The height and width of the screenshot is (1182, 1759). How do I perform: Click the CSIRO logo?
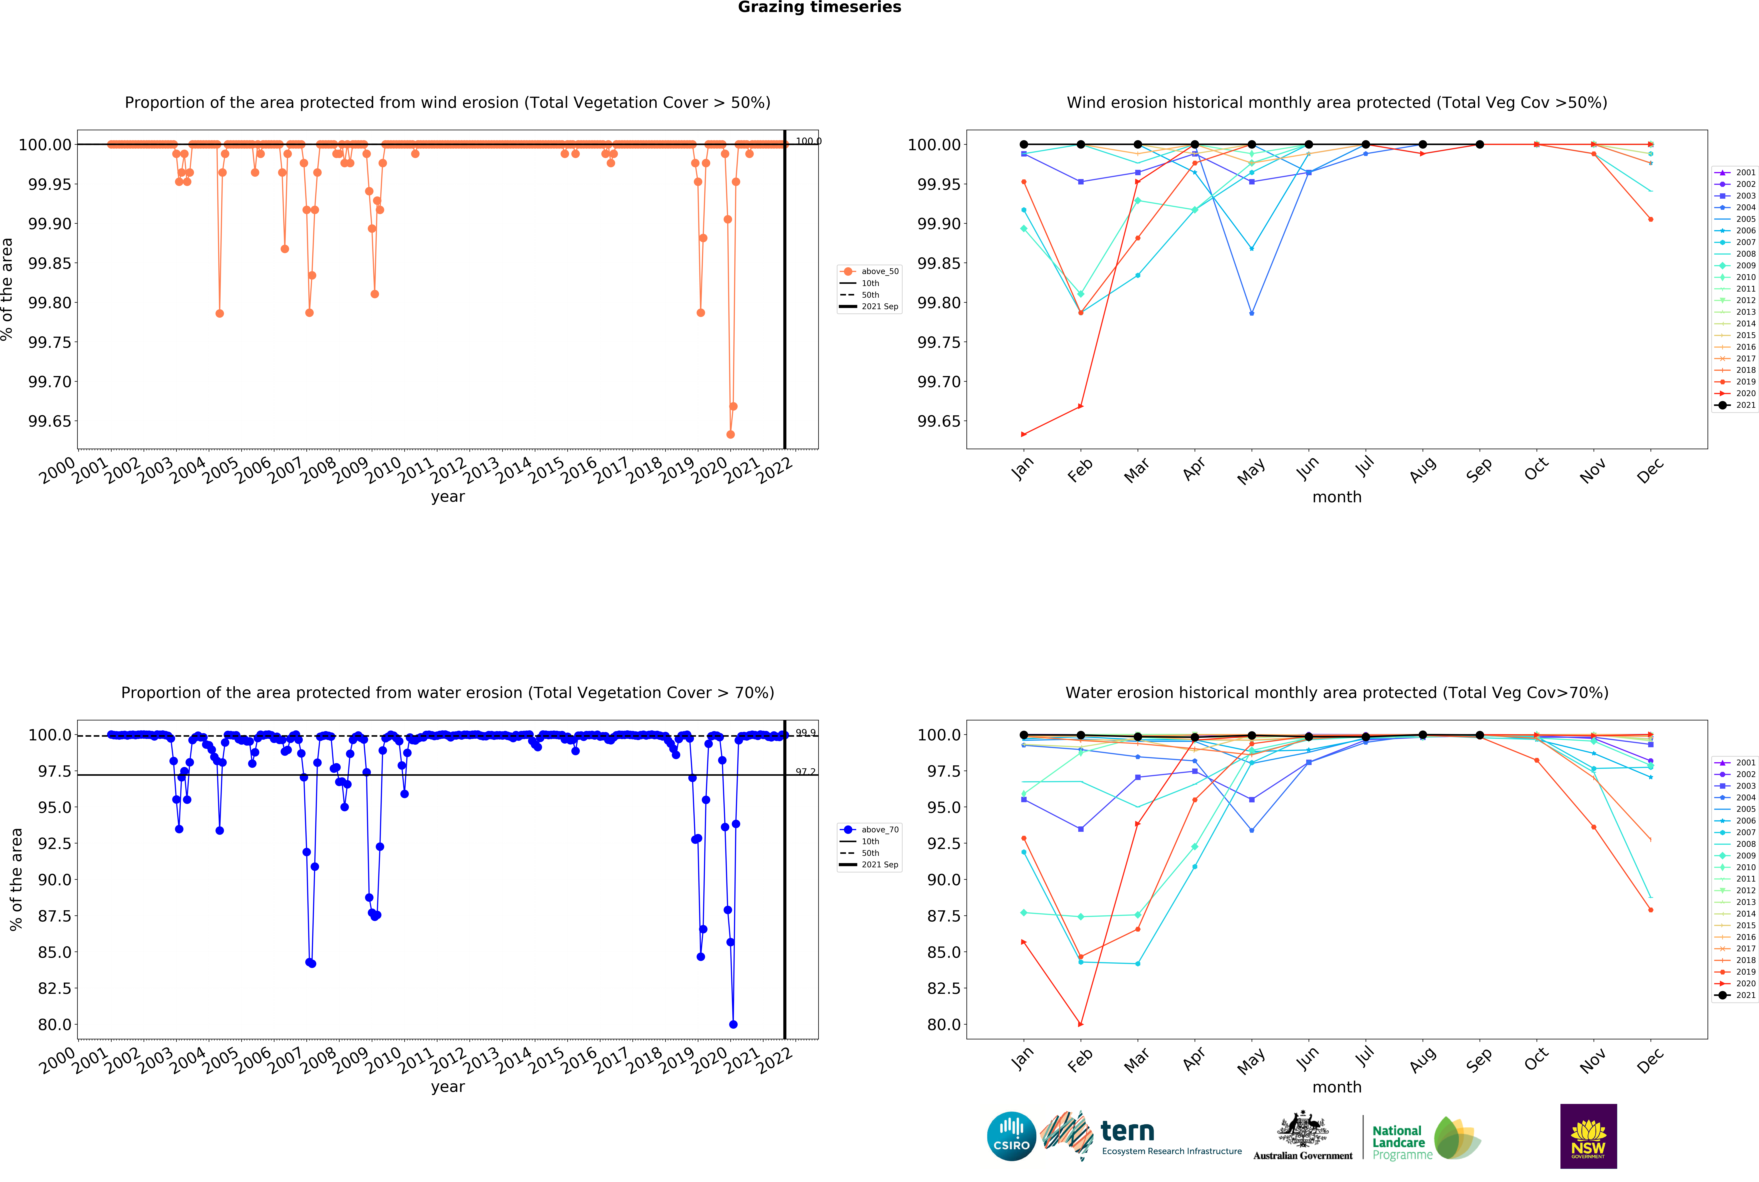click(1011, 1136)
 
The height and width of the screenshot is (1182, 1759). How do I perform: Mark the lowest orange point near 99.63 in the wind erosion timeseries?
click(730, 434)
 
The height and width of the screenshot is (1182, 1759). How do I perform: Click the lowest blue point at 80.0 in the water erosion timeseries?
click(733, 1024)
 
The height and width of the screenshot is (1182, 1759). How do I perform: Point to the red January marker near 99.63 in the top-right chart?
click(1023, 434)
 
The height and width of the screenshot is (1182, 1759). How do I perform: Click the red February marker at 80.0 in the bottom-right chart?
click(1080, 1024)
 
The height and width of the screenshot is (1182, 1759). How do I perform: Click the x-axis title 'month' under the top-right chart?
click(1337, 497)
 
